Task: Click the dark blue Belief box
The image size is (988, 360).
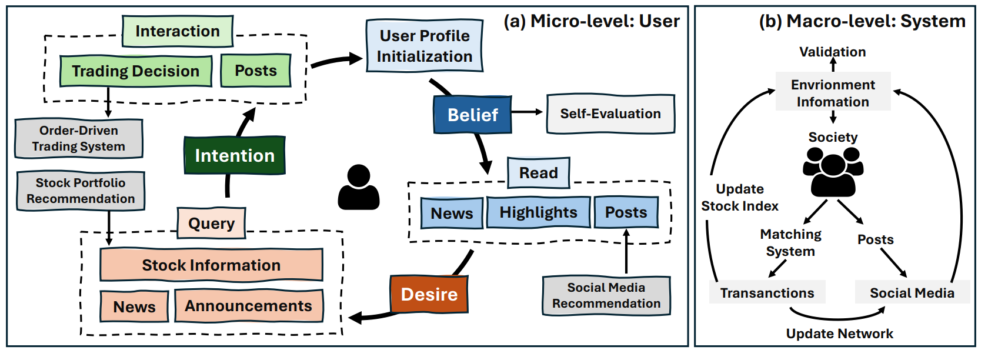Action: point(472,115)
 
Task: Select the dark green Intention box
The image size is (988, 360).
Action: point(235,155)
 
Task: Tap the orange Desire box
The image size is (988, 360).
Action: point(429,294)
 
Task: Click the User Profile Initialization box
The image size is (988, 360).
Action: point(425,46)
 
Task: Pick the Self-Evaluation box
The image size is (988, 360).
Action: point(610,114)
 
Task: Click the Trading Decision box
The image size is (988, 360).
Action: point(136,71)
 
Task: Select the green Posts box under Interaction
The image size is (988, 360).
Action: point(256,71)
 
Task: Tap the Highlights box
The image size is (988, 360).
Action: point(538,212)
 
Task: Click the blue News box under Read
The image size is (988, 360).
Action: point(452,213)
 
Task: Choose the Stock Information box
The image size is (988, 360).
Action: point(211,265)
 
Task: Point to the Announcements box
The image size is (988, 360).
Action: point(248,306)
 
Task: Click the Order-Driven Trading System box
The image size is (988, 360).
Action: point(79,139)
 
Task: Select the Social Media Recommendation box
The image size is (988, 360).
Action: point(606,295)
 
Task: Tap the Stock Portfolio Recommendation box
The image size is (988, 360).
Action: point(81,191)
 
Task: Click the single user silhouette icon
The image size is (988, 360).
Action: point(359,187)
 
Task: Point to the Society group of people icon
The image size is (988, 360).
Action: point(833,171)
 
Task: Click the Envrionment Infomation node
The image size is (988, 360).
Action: point(833,93)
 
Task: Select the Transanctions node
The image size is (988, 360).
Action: point(767,293)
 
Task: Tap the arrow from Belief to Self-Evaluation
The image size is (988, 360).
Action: point(527,112)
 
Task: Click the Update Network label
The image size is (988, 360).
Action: point(839,334)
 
